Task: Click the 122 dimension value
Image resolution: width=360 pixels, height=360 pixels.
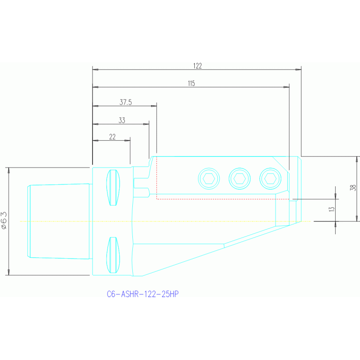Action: [197, 66]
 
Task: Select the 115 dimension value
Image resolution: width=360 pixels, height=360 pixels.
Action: [191, 84]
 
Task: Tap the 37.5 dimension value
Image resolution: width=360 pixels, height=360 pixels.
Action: [125, 102]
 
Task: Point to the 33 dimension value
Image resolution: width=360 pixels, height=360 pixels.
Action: [122, 121]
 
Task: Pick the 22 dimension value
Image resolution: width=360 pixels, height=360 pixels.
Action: [112, 137]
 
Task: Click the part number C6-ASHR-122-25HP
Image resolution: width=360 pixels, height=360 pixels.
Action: [143, 294]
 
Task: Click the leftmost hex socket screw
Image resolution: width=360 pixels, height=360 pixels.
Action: [209, 178]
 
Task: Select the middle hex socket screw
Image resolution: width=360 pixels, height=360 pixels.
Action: [239, 178]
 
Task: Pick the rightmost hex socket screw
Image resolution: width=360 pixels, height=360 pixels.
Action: [270, 178]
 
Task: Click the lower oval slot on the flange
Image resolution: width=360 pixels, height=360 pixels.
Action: [112, 255]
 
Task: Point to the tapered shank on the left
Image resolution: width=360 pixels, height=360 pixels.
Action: [59, 221]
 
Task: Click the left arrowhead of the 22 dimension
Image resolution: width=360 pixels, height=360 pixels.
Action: [95, 140]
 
